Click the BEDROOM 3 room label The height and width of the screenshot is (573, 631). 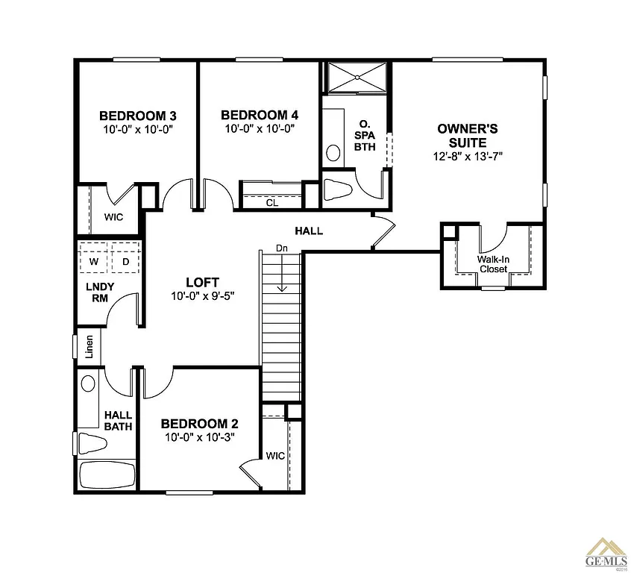(137, 116)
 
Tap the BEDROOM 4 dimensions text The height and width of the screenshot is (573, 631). (260, 128)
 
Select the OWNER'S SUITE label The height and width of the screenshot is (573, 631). (468, 136)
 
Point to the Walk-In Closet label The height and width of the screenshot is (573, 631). (493, 264)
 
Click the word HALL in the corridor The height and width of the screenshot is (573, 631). (309, 231)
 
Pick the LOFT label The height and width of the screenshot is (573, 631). (203, 282)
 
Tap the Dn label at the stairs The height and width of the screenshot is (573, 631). (282, 248)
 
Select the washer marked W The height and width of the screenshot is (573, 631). (94, 262)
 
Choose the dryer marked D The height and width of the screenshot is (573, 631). (125, 262)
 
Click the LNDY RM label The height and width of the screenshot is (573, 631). (99, 293)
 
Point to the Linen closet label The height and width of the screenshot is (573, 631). (89, 347)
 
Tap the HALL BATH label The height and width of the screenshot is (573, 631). (118, 421)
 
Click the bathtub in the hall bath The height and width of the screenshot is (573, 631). (107, 475)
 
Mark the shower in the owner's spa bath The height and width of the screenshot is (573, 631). (355, 77)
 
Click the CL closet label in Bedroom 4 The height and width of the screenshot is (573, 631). (271, 201)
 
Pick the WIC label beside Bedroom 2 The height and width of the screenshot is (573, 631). (274, 455)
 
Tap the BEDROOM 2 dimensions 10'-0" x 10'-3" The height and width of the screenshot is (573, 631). (200, 438)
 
